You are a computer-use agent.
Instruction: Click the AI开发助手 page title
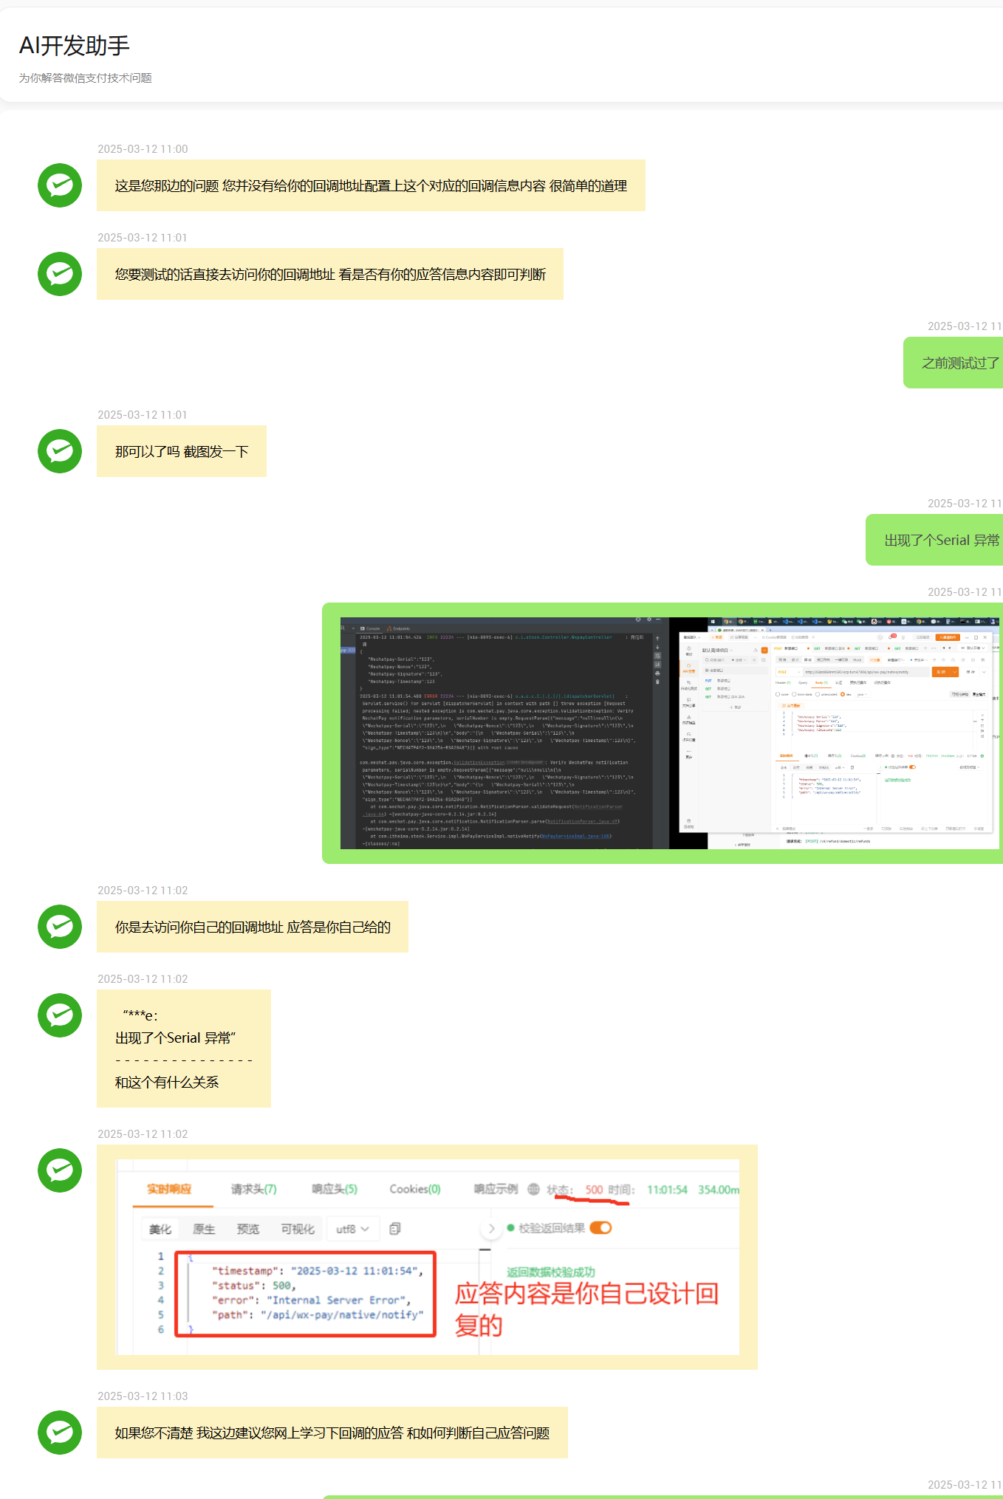click(x=75, y=46)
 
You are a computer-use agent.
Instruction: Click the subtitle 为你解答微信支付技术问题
click(x=85, y=78)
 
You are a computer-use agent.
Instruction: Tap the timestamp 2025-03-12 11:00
click(x=143, y=149)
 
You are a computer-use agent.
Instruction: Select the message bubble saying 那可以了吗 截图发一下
click(x=182, y=451)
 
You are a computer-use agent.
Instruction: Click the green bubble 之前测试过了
click(x=959, y=363)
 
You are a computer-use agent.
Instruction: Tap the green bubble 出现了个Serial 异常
click(x=941, y=540)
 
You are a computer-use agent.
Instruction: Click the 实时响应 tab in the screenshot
click(x=169, y=1189)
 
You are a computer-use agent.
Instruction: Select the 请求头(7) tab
click(x=253, y=1189)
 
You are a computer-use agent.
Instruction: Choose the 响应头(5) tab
click(x=334, y=1189)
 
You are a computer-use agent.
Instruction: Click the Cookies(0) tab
click(x=414, y=1189)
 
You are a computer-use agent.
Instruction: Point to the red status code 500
click(x=594, y=1190)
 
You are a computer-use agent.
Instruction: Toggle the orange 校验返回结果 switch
click(x=600, y=1228)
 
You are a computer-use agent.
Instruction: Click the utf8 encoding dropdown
click(x=352, y=1229)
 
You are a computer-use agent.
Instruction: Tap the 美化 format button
click(x=160, y=1229)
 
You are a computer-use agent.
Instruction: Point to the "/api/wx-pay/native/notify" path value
click(x=342, y=1315)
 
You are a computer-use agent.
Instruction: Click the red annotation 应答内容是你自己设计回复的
click(x=586, y=1309)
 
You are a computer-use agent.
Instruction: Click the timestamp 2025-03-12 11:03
click(x=143, y=1396)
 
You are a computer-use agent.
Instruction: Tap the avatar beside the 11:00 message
click(x=60, y=185)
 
